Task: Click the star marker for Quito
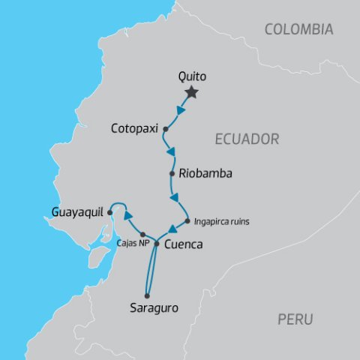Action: [192, 92]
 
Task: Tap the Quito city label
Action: [192, 76]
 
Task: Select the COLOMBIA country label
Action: [299, 30]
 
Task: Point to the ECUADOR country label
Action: [247, 139]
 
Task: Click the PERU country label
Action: [295, 319]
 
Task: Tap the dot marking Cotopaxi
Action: [165, 128]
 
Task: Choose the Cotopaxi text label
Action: [134, 127]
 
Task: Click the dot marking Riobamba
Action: [172, 173]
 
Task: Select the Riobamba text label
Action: [205, 173]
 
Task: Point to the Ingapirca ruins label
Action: [220, 222]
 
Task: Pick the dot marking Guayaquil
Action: [109, 213]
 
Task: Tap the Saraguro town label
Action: [150, 307]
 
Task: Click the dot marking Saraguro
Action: [148, 294]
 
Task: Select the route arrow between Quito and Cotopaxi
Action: [181, 110]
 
